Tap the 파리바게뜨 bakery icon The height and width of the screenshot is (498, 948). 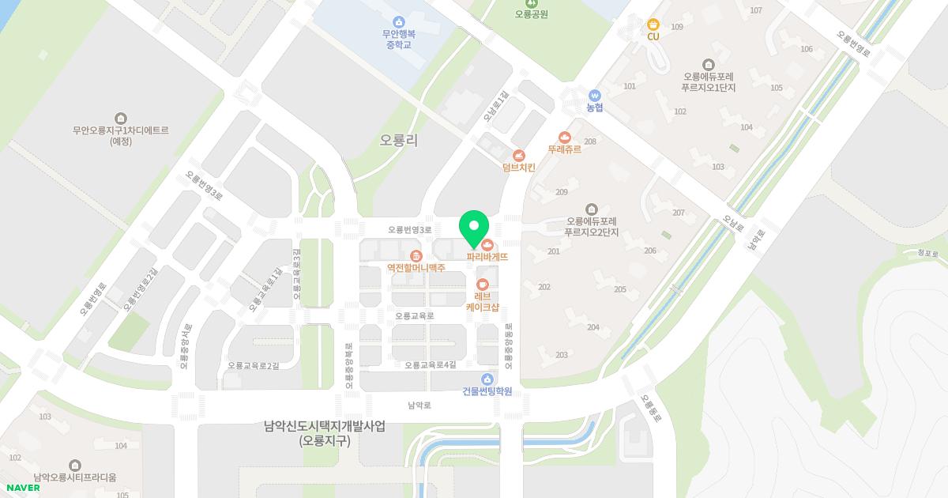pyautogui.click(x=487, y=243)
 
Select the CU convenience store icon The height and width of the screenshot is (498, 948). pyautogui.click(x=653, y=25)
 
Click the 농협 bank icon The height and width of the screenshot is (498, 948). pyautogui.click(x=595, y=95)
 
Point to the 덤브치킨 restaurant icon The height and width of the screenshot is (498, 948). pyautogui.click(x=518, y=156)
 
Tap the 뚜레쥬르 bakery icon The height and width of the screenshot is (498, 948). pyautogui.click(x=564, y=137)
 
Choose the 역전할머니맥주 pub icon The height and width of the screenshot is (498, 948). pyautogui.click(x=416, y=255)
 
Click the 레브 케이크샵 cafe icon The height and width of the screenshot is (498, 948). pyautogui.click(x=482, y=284)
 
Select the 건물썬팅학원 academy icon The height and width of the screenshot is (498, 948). pyautogui.click(x=487, y=379)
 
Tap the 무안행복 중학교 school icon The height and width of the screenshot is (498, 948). pyautogui.click(x=399, y=21)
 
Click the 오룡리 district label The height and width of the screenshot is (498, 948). pyautogui.click(x=399, y=140)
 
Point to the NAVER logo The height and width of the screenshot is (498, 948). pyautogui.click(x=22, y=488)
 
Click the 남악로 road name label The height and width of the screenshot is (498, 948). pyautogui.click(x=419, y=406)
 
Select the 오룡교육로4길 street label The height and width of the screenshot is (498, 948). pyautogui.click(x=431, y=365)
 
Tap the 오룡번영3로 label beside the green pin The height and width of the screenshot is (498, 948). pyautogui.click(x=410, y=230)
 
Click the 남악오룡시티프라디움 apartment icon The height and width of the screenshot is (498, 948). pyautogui.click(x=75, y=465)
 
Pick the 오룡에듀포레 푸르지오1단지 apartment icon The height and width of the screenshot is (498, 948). pyautogui.click(x=709, y=64)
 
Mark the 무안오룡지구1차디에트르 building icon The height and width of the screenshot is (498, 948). pyautogui.click(x=120, y=118)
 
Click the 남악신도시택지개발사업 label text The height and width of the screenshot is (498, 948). pyautogui.click(x=325, y=426)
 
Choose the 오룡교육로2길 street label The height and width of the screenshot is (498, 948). pyautogui.click(x=253, y=365)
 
